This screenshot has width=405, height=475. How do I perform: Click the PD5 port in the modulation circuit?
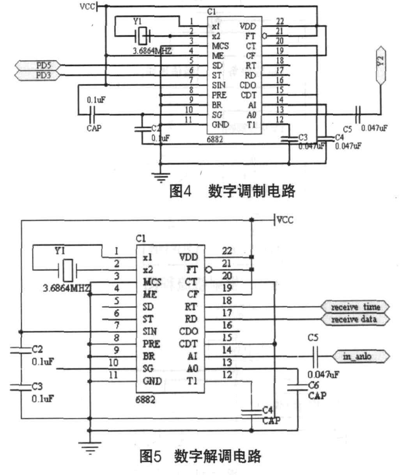[x=37, y=65]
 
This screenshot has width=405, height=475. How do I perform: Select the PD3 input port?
[x=37, y=75]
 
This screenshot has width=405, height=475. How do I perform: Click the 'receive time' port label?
[x=355, y=307]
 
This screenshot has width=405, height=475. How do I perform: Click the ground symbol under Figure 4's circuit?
[x=159, y=177]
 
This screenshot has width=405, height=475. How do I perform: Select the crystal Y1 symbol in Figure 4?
[x=143, y=37]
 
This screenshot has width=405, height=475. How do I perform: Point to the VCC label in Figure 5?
[x=285, y=220]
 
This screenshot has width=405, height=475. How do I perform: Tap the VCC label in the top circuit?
[x=87, y=7]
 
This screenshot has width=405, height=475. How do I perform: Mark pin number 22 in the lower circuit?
[x=227, y=251]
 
